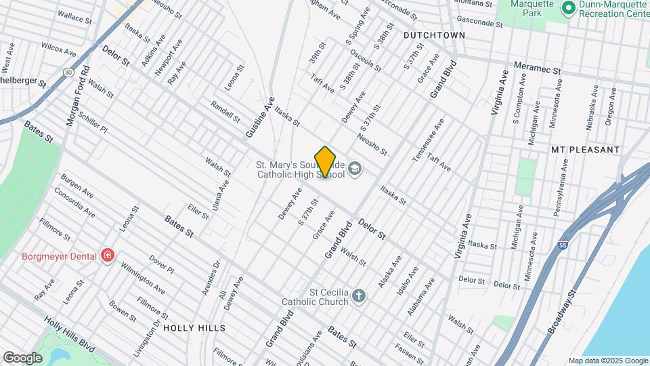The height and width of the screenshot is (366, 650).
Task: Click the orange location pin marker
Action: point(326,161)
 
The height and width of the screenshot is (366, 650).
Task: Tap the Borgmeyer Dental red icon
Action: point(107,256)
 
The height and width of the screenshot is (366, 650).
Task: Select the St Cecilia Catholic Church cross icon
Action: point(358,296)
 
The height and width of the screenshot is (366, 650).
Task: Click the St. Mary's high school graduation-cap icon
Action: point(355,169)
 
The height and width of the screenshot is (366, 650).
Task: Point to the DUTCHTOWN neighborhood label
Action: point(434,35)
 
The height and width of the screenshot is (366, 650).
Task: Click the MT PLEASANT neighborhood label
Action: point(585,149)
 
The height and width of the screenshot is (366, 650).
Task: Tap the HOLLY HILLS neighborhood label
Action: point(194,328)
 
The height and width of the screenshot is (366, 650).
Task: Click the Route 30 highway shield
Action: point(68,72)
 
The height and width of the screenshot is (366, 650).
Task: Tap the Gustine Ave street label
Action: point(259,117)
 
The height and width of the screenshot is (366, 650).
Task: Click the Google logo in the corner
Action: point(22,357)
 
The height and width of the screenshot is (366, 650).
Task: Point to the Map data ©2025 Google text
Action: point(607,361)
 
